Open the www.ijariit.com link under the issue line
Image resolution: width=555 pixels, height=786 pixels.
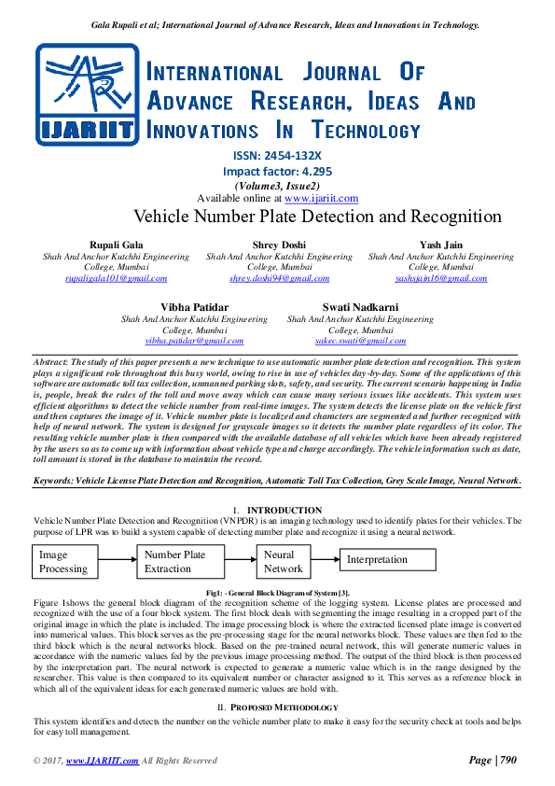coord(321,198)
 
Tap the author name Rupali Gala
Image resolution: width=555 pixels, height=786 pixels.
coord(117,245)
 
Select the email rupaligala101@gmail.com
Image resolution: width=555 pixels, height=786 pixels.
coord(117,278)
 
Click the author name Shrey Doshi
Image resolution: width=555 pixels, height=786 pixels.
coord(279,245)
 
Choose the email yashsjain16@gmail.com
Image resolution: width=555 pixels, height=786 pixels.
coord(441,278)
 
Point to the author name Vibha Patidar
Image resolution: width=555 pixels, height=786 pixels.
coord(194,307)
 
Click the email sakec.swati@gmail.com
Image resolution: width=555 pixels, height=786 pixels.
coord(360,342)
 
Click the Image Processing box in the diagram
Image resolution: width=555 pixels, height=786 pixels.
coord(65,561)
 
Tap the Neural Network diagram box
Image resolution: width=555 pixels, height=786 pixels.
coord(283,561)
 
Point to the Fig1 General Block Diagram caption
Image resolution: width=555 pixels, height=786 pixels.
coord(277,594)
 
